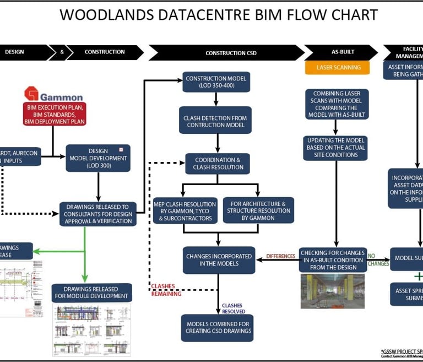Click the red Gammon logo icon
(x=31, y=94)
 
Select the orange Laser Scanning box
(x=339, y=68)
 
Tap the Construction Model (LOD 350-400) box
(x=216, y=82)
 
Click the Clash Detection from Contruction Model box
(x=216, y=121)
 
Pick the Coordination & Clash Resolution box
(x=218, y=164)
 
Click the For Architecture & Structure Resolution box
(x=258, y=210)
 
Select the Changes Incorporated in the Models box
(x=219, y=260)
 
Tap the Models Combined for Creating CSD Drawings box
(x=218, y=327)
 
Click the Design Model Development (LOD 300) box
(x=98, y=158)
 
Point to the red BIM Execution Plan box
(x=54, y=114)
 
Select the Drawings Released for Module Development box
(x=92, y=293)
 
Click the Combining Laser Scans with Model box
(x=337, y=104)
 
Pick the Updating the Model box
(x=337, y=148)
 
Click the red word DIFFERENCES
(x=280, y=256)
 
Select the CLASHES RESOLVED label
(x=234, y=308)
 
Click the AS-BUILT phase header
(x=342, y=52)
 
